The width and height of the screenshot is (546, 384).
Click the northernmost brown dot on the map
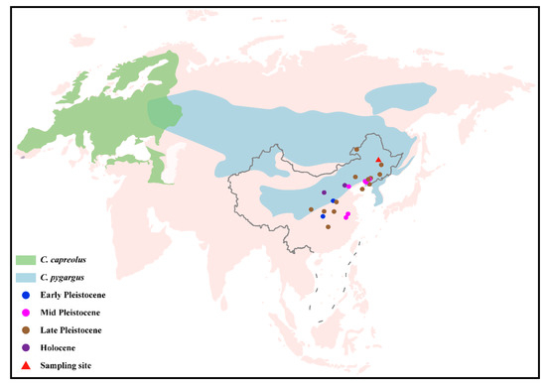tap(356, 150)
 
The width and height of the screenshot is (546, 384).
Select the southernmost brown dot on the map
tap(327, 226)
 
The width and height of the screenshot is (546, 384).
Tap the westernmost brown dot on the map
tap(311, 209)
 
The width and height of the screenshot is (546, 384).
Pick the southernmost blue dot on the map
tap(323, 215)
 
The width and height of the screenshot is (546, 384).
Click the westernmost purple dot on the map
tap(325, 192)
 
